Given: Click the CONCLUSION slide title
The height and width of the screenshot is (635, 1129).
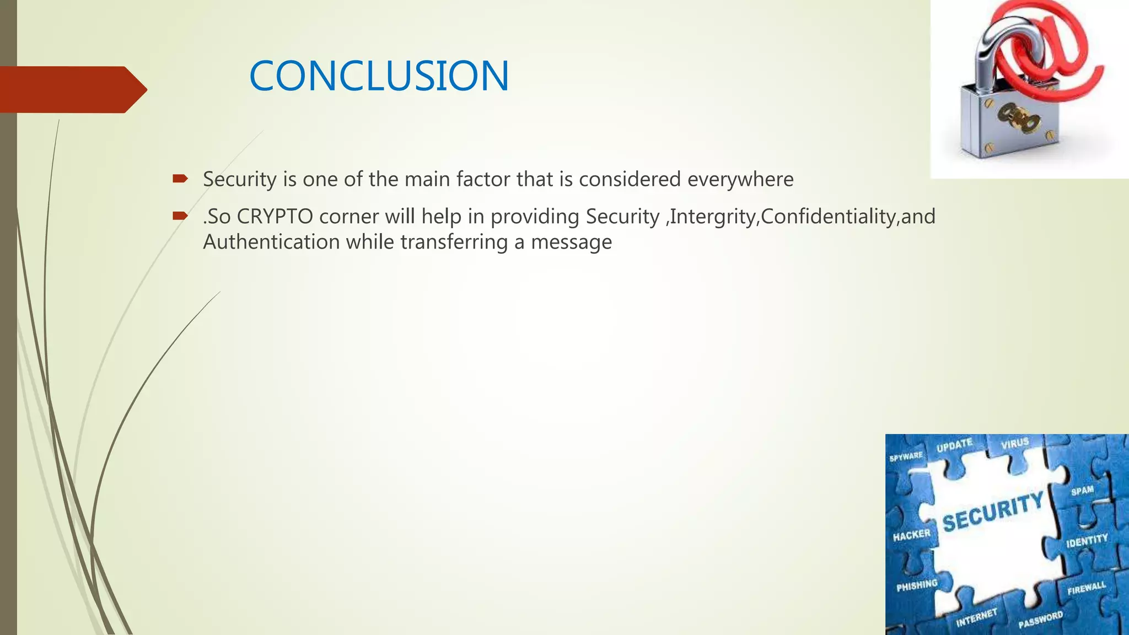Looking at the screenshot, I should [x=379, y=76].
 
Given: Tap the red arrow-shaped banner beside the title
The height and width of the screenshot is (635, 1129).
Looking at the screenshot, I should [x=72, y=89].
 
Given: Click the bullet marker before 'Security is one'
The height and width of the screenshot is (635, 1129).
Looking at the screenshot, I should [x=180, y=179].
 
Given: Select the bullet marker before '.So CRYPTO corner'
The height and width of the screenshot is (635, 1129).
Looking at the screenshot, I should [x=180, y=216].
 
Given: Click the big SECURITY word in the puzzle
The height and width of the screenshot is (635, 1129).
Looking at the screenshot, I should [x=993, y=512].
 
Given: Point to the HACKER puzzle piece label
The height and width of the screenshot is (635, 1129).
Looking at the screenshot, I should [x=911, y=535].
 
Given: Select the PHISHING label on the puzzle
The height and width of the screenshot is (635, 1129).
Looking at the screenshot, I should [x=917, y=585].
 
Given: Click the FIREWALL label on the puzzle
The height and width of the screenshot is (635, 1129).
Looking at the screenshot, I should [x=1087, y=588].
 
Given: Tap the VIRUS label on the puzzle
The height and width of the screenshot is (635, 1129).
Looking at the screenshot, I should [x=1015, y=443].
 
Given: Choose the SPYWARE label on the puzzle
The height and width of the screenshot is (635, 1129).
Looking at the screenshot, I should [x=906, y=456].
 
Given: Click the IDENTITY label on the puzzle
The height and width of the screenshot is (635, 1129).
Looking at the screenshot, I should [x=1087, y=541].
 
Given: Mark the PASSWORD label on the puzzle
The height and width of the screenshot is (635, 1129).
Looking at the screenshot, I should [x=1040, y=620].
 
